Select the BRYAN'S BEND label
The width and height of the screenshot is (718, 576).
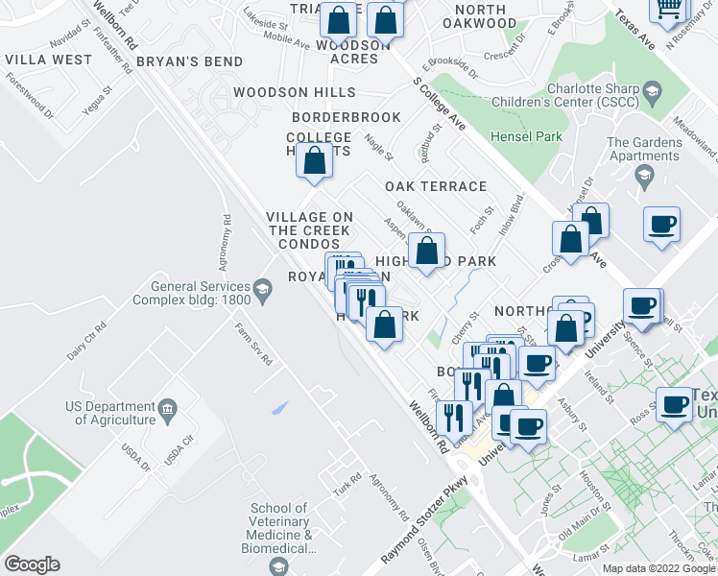point(189,60)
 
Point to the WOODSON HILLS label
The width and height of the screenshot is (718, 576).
point(295,93)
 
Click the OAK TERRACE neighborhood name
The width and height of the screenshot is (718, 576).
point(436,186)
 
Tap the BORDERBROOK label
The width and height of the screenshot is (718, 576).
point(346,117)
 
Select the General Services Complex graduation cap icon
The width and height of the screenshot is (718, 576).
point(261,288)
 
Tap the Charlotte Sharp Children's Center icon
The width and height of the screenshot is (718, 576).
point(653,93)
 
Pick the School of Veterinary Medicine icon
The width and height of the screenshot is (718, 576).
point(279,566)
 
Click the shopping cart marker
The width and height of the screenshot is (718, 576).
point(669,8)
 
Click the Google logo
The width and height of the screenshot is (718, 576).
point(31,564)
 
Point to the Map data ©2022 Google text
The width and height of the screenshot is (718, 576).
point(658,568)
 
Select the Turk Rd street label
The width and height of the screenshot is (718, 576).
point(347,477)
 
